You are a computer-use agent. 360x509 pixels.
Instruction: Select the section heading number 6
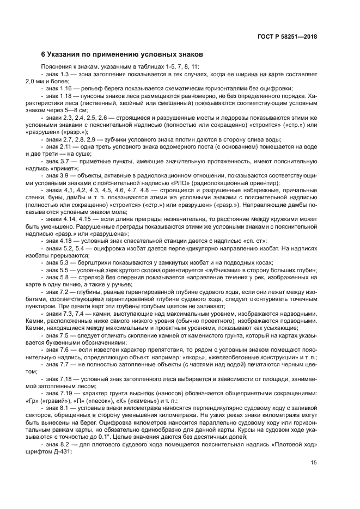coord(44,55)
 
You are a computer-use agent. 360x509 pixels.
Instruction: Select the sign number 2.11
coord(68,146)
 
